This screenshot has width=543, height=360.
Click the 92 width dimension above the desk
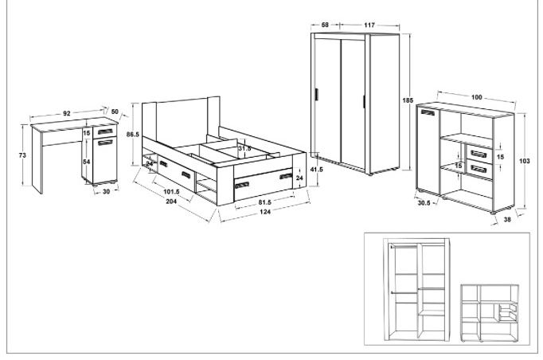click(67, 113)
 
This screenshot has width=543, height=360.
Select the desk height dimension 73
click(22, 155)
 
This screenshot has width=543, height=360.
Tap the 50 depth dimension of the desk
click(115, 112)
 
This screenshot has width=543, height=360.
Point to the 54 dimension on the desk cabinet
click(87, 162)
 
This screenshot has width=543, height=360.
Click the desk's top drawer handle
click(105, 131)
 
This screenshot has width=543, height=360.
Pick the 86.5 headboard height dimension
click(133, 134)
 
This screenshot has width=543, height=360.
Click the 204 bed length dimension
click(171, 202)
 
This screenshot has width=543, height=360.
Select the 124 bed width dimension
click(265, 212)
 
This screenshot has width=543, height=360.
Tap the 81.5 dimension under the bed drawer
click(265, 202)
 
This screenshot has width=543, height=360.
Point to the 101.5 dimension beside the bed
click(171, 192)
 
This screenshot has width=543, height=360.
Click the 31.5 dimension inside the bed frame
click(244, 148)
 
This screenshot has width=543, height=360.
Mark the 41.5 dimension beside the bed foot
click(316, 170)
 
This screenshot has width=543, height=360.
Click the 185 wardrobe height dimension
click(408, 100)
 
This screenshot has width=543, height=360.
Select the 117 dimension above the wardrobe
click(369, 25)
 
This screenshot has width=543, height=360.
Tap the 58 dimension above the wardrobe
click(325, 25)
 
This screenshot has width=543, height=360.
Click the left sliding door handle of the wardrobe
click(317, 95)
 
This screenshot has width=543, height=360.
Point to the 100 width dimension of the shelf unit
click(476, 97)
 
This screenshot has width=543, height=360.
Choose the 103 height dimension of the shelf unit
click(525, 161)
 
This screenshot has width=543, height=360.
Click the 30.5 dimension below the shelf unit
click(424, 203)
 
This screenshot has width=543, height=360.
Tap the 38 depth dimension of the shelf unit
click(507, 219)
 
